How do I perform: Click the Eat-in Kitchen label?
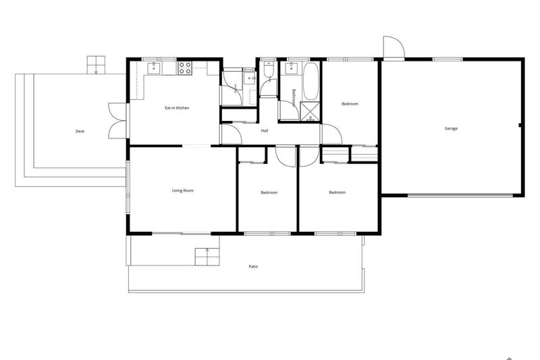click(x=177, y=108)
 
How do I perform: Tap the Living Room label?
click(x=183, y=190)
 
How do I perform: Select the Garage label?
click(x=451, y=128)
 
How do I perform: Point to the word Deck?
click(x=80, y=131)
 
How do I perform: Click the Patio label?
click(x=253, y=267)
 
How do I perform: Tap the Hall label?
click(x=265, y=130)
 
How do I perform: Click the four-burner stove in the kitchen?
click(x=185, y=68)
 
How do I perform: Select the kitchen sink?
click(x=154, y=68)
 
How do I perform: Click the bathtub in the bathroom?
click(x=311, y=81)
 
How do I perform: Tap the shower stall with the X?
click(x=310, y=112)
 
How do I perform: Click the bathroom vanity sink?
click(x=292, y=68)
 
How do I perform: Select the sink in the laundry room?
click(x=249, y=78)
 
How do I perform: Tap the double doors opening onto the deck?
click(x=117, y=121)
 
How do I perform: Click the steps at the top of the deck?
click(x=96, y=65)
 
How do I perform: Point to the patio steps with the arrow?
click(x=207, y=256)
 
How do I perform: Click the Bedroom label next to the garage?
click(x=350, y=104)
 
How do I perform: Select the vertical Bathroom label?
click(x=294, y=98)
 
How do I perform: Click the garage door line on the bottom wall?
click(x=460, y=196)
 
